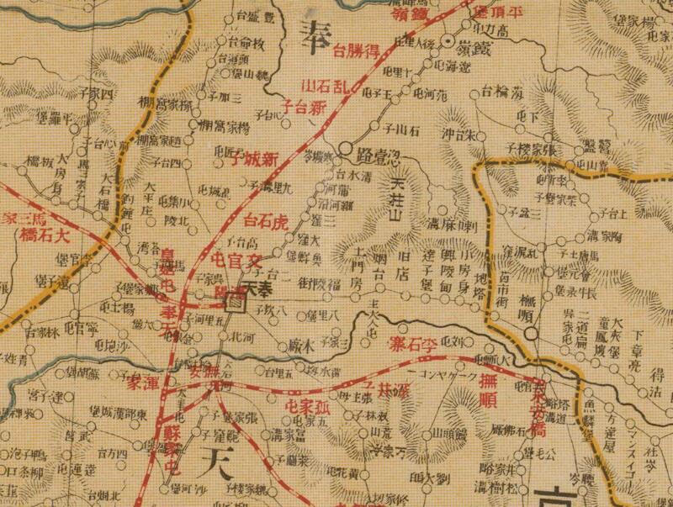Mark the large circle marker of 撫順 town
531,335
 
